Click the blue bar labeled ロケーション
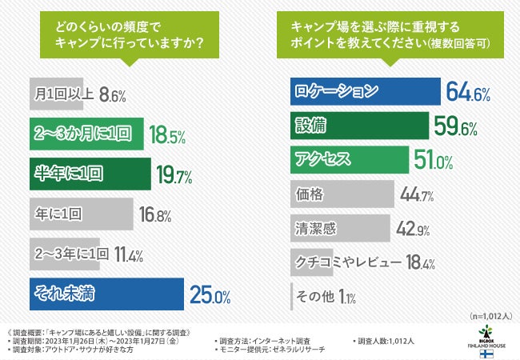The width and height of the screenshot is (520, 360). pyautogui.click(x=365, y=93)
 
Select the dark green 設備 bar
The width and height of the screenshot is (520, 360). pyautogui.click(x=358, y=126)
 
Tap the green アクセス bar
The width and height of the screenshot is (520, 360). pyautogui.click(x=349, y=159)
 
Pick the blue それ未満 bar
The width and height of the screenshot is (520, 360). pyautogui.click(x=106, y=294)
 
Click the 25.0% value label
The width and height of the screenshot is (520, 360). pyautogui.click(x=210, y=295)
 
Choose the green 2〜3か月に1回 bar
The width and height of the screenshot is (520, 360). pyautogui.click(x=86, y=132)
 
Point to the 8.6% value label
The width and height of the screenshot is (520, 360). pyautogui.click(x=113, y=94)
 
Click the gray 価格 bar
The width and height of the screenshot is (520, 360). pyautogui.click(x=342, y=193)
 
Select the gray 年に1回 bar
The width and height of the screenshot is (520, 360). pyautogui.click(x=80, y=214)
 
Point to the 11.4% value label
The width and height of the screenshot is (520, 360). pyautogui.click(x=129, y=255)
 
